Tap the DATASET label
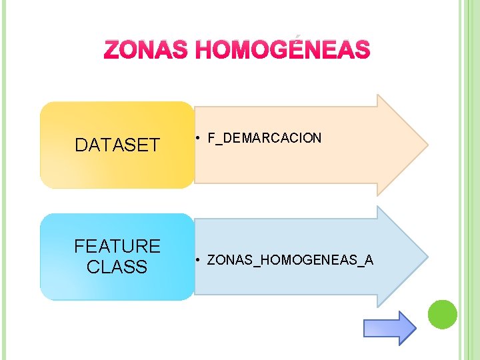pyautogui.click(x=117, y=145)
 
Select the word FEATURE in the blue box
pyautogui.click(x=117, y=247)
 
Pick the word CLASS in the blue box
pyautogui.click(x=117, y=267)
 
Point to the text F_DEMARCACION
pyautogui.click(x=265, y=139)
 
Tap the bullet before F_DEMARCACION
pyautogui.click(x=199, y=139)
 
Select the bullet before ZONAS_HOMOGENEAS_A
pyautogui.click(x=199, y=260)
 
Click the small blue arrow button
pyautogui.click(x=389, y=327)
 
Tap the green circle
pyautogui.click(x=442, y=314)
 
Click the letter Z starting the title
pyautogui.click(x=112, y=50)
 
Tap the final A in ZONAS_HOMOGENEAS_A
pyautogui.click(x=369, y=260)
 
